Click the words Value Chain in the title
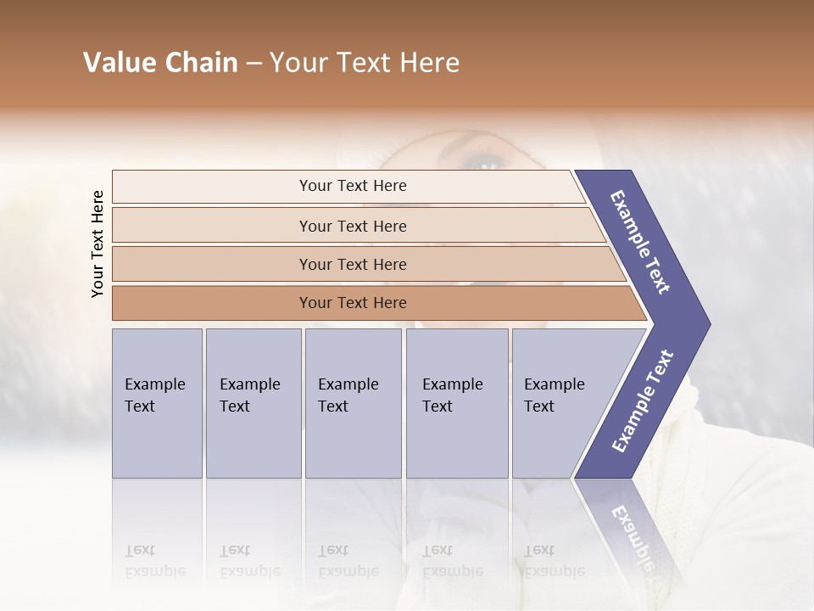[160, 63]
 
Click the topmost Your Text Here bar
[352, 186]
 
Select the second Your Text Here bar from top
[352, 226]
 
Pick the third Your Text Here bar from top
[352, 264]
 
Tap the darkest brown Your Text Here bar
[352, 303]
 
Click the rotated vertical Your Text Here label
[98, 244]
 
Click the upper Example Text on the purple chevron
[640, 242]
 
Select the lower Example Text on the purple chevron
[642, 401]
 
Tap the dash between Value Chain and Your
[254, 63]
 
